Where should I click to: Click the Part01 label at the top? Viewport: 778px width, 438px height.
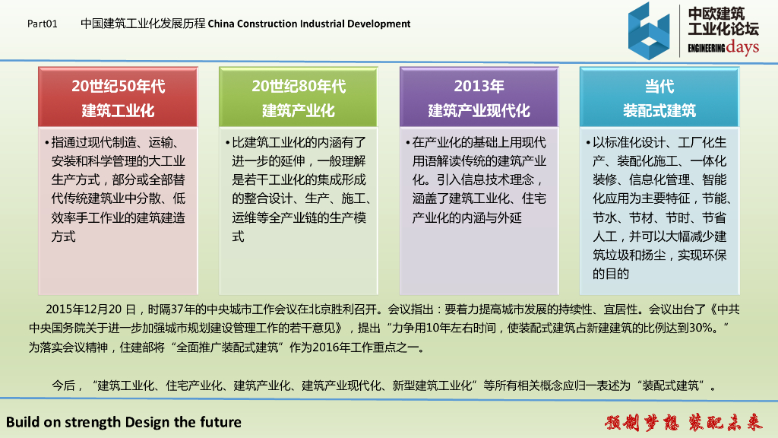43,24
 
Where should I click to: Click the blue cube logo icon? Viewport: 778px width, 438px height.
649,30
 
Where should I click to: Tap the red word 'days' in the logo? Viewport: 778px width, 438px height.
742,48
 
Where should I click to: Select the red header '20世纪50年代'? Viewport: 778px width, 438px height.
118,86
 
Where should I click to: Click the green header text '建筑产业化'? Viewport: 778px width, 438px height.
298,110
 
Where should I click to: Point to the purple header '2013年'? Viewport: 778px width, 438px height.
479,86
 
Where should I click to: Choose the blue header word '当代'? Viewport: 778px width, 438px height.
659,86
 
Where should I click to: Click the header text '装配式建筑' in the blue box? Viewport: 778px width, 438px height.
659,110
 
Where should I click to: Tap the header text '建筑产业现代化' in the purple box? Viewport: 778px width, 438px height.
479,110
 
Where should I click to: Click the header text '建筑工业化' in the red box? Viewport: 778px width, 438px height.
118,110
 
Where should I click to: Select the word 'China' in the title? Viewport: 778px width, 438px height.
221,24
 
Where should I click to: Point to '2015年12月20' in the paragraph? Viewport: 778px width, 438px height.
84,309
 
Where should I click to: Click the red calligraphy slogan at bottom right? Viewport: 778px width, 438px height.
683,422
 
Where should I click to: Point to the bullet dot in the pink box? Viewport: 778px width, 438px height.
46,143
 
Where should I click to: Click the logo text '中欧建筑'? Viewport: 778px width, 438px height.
716,14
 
